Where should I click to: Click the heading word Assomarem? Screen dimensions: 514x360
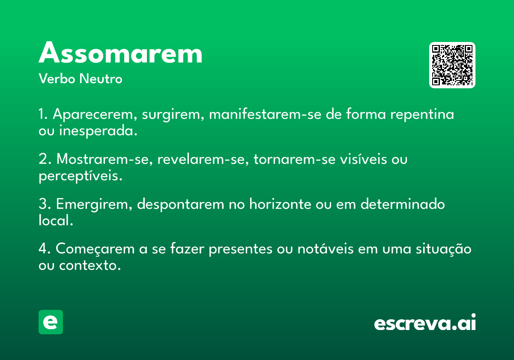(x=120, y=52)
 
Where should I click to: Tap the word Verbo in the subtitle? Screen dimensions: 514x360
(x=57, y=78)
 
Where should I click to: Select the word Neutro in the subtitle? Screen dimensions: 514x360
(x=101, y=78)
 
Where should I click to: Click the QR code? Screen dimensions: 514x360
(x=452, y=65)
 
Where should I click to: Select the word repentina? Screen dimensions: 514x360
(x=422, y=114)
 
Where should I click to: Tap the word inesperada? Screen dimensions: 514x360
(x=98, y=131)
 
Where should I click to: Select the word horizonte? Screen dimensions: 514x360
(x=280, y=204)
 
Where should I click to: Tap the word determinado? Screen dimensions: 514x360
(x=403, y=204)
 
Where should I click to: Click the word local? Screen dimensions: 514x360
(x=56, y=220)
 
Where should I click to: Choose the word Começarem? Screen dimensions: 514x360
(x=95, y=249)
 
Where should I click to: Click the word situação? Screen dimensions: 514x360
(x=444, y=249)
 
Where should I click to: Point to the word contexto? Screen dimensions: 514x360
(x=90, y=266)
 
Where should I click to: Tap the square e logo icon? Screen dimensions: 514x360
(x=51, y=322)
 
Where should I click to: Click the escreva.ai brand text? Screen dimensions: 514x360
(x=425, y=322)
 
